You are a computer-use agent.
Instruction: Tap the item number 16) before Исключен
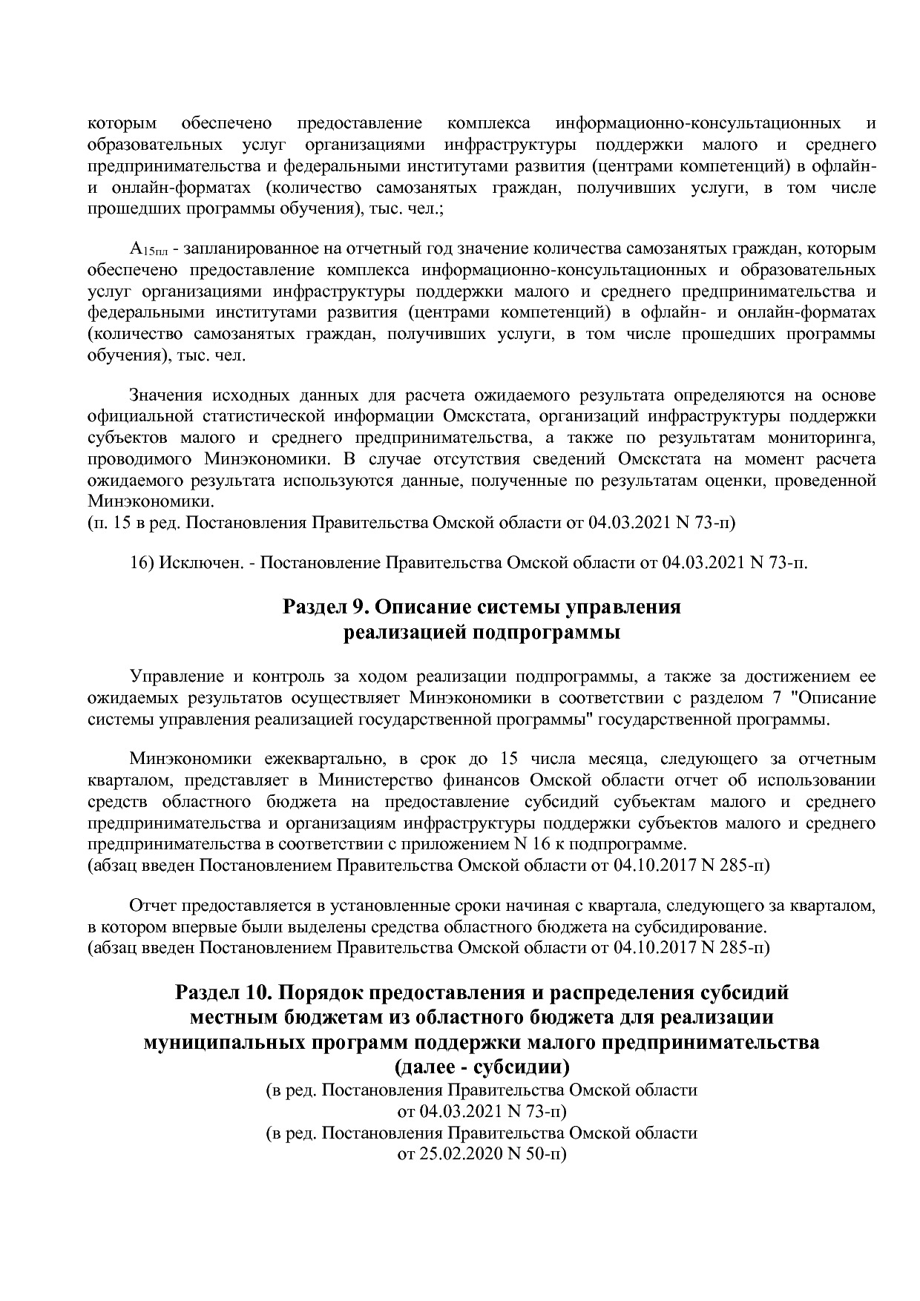(142, 562)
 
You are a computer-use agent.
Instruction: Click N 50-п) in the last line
(536, 1155)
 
